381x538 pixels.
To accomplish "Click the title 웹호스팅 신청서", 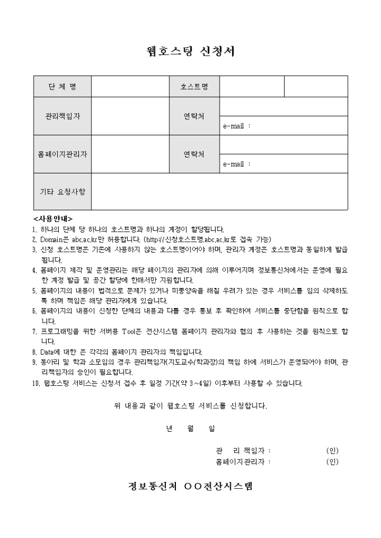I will [x=190, y=51].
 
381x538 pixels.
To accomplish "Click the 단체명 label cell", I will [x=62, y=87].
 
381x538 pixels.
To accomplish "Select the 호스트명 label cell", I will [x=194, y=87].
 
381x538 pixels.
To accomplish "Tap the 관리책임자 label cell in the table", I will [x=62, y=116].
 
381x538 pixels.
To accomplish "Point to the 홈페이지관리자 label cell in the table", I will [x=62, y=154].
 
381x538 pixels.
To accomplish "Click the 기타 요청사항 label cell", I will [x=62, y=191].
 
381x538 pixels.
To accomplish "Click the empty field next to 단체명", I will [x=130, y=87].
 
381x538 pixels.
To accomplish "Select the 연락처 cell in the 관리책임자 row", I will [x=194, y=116].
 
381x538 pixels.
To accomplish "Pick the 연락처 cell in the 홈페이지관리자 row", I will [x=194, y=154].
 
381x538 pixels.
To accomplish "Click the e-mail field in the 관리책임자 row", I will [x=284, y=126].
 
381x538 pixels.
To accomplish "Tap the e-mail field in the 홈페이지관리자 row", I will [x=284, y=164].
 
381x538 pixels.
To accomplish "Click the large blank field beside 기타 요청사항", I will [x=219, y=191].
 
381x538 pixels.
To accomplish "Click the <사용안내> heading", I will [x=53, y=219].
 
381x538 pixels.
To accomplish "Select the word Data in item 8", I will [x=48, y=352].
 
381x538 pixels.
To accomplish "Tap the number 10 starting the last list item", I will [x=36, y=383].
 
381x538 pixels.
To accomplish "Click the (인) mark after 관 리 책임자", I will [x=332, y=451].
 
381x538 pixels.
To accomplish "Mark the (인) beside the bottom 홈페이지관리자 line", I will [x=332, y=462].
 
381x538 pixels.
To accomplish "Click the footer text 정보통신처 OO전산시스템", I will [x=190, y=485].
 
